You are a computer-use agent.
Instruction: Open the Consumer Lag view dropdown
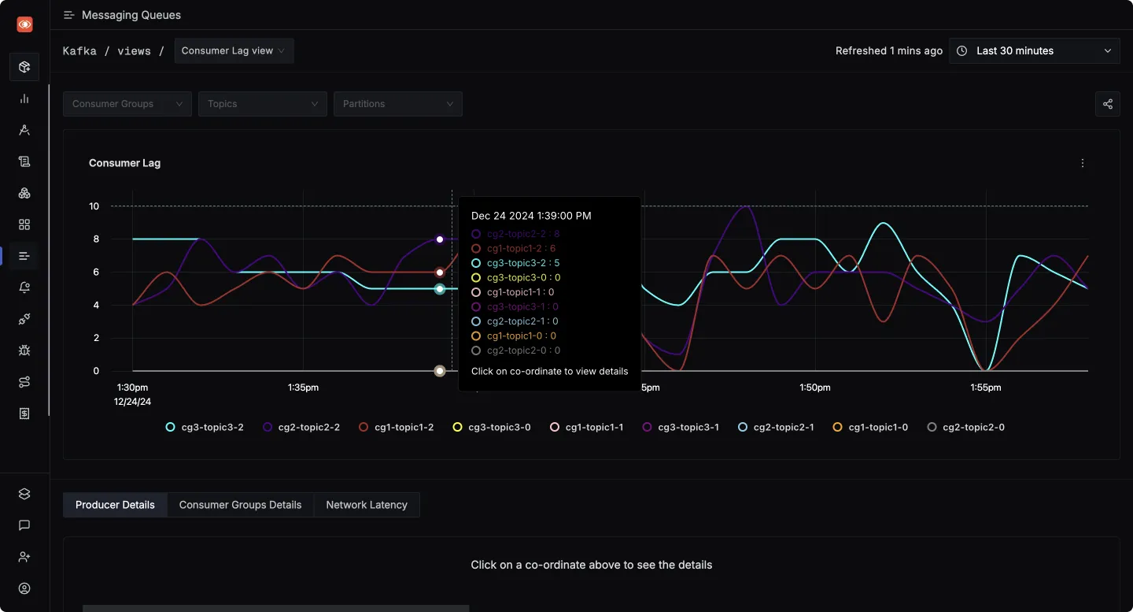[234, 50]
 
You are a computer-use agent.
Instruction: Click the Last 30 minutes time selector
[1034, 50]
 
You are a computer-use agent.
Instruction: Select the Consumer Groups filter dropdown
[127, 104]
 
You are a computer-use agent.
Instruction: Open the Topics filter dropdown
[262, 104]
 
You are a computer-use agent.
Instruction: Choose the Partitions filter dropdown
[397, 104]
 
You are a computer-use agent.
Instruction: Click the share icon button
[1107, 104]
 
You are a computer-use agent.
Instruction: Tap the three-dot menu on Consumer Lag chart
[1083, 163]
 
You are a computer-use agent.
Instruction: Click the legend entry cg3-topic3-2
[205, 427]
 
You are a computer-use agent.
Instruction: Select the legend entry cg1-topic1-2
[397, 427]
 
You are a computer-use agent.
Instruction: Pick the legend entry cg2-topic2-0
[966, 427]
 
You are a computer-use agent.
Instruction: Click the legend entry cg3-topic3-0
[492, 427]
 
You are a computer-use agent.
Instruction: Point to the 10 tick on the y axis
[94, 206]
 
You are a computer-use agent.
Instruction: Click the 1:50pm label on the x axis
[814, 388]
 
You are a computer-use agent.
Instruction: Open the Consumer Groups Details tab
[240, 505]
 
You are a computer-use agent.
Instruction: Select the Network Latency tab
[367, 505]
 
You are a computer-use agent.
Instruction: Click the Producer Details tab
[115, 505]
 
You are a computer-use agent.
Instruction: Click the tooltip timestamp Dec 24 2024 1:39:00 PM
[531, 216]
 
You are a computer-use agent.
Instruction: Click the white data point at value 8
[440, 239]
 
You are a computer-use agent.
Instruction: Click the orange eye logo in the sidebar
[24, 24]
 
